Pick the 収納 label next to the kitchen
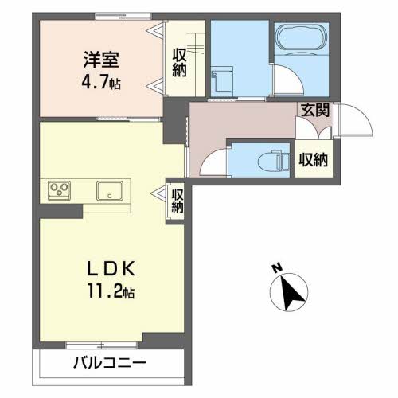coord(177,200)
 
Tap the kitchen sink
coord(109,191)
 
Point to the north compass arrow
coord(292,293)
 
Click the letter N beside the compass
coord(273,267)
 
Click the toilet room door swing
coord(212,162)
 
